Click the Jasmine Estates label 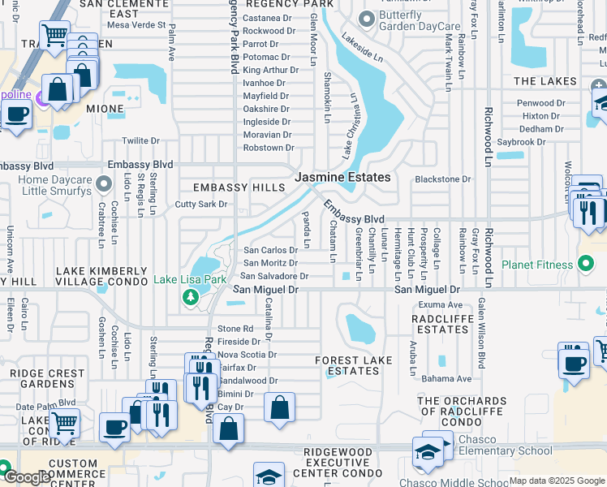click(x=342, y=177)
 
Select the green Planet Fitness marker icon click(x=586, y=265)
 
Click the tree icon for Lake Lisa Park click(x=191, y=298)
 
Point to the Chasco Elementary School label click(x=505, y=451)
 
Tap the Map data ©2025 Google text click(x=557, y=481)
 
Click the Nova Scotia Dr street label click(x=248, y=355)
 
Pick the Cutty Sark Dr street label click(x=201, y=205)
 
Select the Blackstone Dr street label click(x=443, y=179)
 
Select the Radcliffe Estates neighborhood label click(x=441, y=324)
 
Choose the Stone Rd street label click(x=235, y=329)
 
